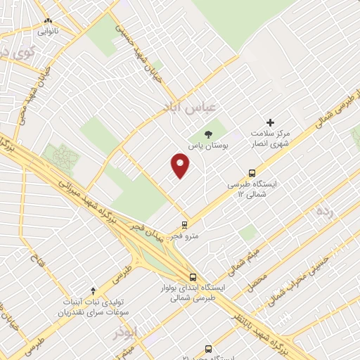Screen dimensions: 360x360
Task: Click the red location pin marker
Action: coord(181,167)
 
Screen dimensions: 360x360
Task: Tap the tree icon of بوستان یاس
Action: coord(207,134)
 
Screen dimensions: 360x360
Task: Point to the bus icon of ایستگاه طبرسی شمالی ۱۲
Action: coord(252,172)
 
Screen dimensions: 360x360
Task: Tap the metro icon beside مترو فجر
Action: coord(185,226)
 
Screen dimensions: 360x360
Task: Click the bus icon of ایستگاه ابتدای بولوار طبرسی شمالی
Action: coord(193,276)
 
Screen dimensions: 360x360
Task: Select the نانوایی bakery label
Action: coord(49,32)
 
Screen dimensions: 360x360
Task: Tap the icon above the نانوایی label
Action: coord(48,21)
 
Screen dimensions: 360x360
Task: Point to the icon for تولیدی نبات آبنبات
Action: coord(94,290)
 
